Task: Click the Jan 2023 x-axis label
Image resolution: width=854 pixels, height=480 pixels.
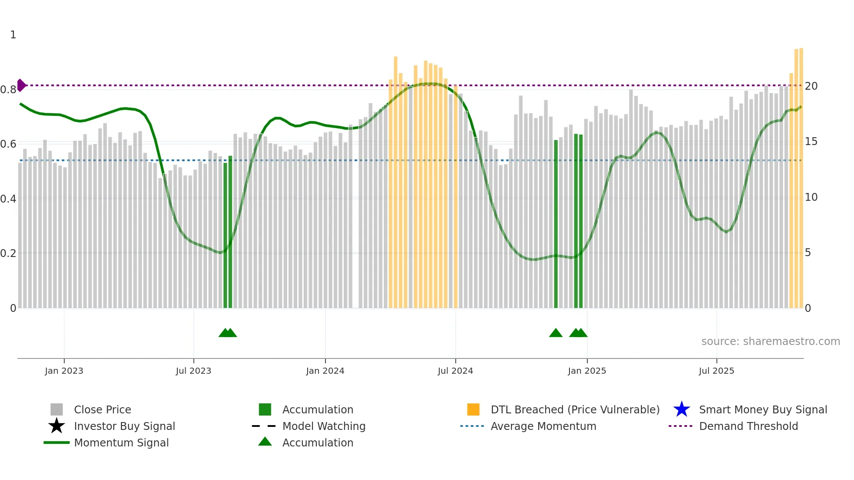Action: (64, 371)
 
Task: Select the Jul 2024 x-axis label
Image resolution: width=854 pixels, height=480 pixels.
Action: (455, 371)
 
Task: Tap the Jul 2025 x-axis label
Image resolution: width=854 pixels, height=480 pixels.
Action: (716, 371)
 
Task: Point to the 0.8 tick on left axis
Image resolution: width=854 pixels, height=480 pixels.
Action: (8, 90)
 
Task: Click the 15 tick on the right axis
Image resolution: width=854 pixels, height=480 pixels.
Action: (811, 142)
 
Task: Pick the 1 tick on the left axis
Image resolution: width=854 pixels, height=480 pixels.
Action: (13, 35)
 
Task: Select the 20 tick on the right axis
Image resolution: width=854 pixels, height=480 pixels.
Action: (811, 86)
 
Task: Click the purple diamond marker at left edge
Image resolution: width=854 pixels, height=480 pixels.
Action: (21, 85)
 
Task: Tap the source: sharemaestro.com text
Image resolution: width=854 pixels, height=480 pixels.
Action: (770, 341)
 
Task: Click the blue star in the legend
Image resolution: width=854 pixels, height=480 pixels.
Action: (681, 409)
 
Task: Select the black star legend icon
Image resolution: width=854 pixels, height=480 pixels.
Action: (57, 426)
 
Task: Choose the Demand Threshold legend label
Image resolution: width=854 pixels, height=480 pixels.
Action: (748, 426)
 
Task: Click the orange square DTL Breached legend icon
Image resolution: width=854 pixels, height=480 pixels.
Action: (473, 409)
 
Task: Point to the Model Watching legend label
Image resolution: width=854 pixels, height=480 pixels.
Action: (324, 426)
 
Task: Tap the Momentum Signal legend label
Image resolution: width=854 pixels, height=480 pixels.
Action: (121, 443)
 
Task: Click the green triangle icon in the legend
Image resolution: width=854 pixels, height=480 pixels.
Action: (265, 442)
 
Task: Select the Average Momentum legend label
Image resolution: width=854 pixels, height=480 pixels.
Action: (543, 426)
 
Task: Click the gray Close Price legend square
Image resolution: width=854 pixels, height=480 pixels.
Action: (57, 409)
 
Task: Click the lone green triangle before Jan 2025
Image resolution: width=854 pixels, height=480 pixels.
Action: (556, 333)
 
